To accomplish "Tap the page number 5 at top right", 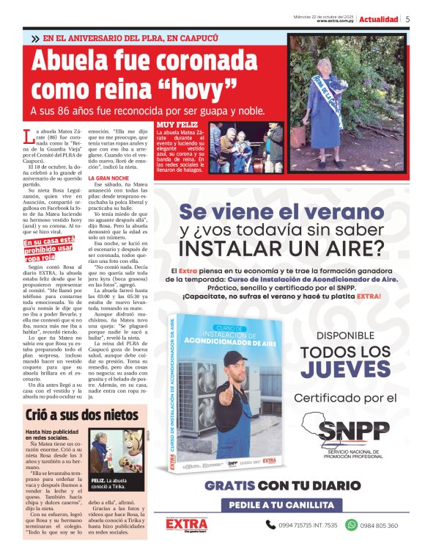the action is click(x=408, y=19).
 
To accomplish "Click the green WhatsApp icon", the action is click(x=351, y=525).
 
